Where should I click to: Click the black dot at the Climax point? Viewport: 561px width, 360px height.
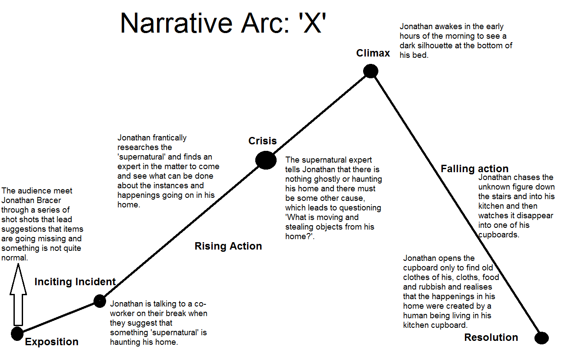click(x=370, y=70)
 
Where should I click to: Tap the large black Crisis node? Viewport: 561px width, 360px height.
click(x=266, y=160)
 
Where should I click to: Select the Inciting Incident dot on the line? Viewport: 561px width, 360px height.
click(x=100, y=300)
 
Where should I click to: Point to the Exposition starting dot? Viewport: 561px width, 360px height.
click(x=17, y=333)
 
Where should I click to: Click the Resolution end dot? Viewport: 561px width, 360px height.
click(x=541, y=338)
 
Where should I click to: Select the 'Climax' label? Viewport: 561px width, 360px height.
click(x=373, y=53)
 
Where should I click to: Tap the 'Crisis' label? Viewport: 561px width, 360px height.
click(x=262, y=141)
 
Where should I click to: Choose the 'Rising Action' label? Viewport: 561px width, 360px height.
click(x=228, y=246)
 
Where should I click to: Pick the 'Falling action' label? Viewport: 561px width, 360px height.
click(x=474, y=169)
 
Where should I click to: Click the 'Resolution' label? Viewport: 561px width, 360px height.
click(x=491, y=337)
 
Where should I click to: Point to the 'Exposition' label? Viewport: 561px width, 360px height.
click(x=51, y=342)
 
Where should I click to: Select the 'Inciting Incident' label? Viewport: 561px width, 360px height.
click(x=75, y=282)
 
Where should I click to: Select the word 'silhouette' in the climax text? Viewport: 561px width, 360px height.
click(x=473, y=46)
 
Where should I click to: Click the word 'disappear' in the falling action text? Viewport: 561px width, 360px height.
click(x=535, y=216)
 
